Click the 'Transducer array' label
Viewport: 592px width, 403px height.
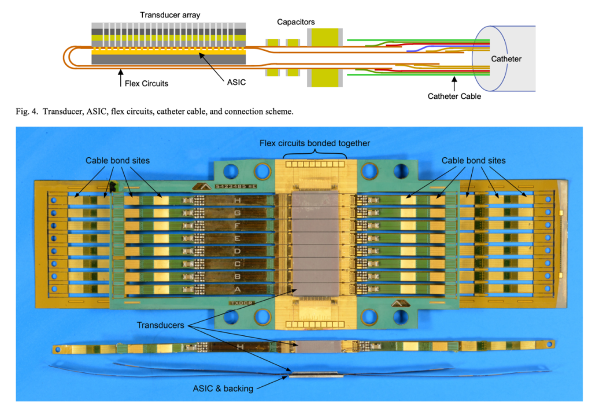170,15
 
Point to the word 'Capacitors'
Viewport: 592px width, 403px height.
295,22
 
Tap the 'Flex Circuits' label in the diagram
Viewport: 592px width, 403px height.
147,83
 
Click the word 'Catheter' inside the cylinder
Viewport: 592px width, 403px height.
506,59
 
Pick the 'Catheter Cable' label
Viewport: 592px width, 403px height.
454,97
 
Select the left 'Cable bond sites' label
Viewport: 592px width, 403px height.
117,160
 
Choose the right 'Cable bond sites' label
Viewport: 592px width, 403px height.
473,160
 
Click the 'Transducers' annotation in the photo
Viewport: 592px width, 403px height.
160,326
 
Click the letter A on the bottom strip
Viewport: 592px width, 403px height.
237,288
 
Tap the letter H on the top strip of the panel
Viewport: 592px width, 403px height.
237,201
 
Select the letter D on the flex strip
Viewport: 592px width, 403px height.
237,250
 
